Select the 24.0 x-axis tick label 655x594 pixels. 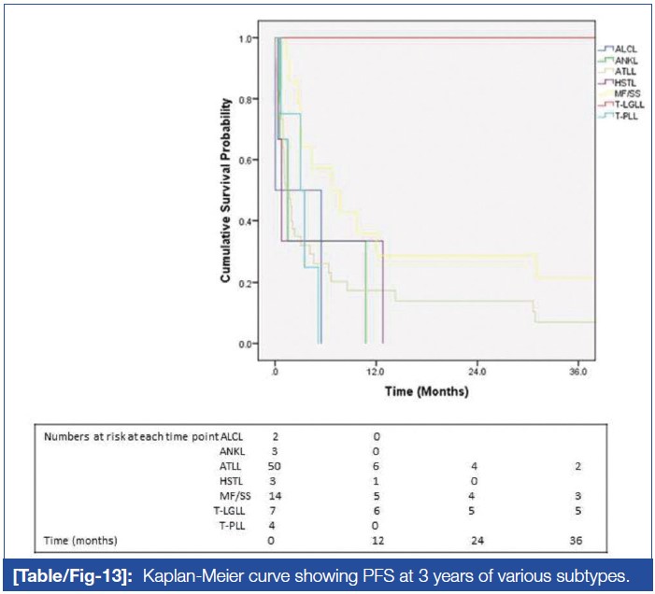(477, 372)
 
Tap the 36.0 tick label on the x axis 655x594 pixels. (577, 372)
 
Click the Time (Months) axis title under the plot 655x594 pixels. (427, 391)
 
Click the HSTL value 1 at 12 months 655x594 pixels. (376, 481)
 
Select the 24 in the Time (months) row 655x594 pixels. (477, 542)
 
